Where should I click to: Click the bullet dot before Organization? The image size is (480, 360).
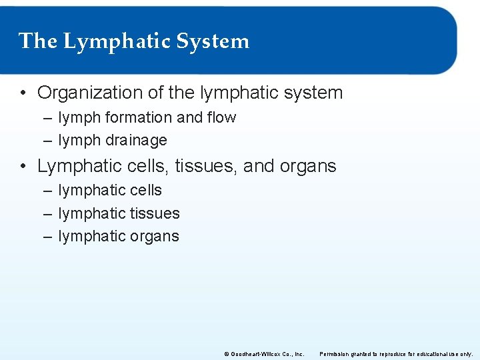coord(23,93)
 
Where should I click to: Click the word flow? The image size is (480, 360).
coord(221,118)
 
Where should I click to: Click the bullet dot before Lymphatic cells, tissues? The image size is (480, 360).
coord(23,166)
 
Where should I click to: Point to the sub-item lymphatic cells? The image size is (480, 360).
coord(110,191)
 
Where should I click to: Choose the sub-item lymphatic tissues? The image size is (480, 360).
coord(119,214)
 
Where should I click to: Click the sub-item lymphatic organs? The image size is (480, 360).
coord(119,237)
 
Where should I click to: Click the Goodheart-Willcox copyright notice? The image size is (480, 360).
coord(264,353)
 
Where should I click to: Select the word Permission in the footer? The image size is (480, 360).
coord(335,353)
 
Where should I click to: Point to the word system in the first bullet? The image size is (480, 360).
coord(313,93)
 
